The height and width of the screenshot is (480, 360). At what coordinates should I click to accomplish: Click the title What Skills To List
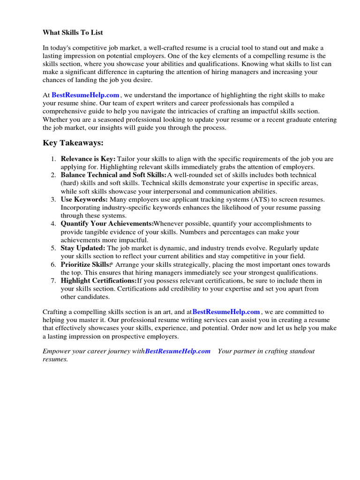point(73,32)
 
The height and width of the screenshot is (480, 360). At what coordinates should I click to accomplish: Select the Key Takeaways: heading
point(73,143)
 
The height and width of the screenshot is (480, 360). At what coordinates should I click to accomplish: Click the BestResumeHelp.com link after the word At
point(85,95)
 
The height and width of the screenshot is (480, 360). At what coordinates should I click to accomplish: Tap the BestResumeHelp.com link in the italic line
point(178,351)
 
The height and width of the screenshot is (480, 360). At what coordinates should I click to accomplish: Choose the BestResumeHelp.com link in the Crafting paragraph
point(226,312)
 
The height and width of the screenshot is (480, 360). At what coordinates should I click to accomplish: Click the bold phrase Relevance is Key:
point(88,159)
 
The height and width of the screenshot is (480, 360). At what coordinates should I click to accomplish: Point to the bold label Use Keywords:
point(84,199)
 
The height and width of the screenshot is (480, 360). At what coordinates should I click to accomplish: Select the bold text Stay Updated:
point(83,248)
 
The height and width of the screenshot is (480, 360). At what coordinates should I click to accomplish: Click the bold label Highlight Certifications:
point(98,280)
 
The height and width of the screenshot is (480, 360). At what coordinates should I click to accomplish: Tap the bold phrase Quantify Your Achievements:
point(107,224)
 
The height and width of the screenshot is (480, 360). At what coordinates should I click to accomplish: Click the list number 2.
point(53,175)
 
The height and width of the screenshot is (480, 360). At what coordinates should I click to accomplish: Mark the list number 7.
point(53,280)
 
